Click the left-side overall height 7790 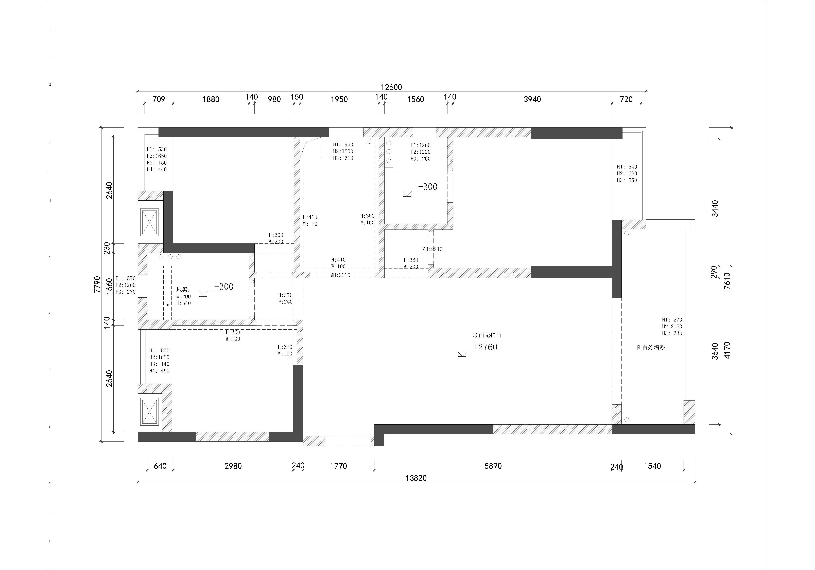point(97,284)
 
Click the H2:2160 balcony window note point(672,326)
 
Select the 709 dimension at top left point(159,99)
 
